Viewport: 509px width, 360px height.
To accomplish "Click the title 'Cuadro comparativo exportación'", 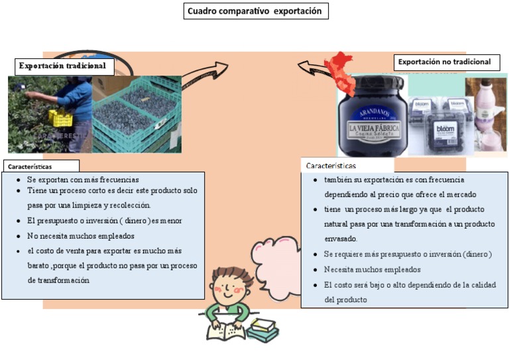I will [x=255, y=11].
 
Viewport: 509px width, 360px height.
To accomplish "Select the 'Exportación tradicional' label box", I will [x=62, y=66].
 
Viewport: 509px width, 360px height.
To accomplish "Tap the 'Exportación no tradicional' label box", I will [x=444, y=62].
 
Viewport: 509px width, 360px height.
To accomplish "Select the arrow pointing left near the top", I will [x=314, y=66].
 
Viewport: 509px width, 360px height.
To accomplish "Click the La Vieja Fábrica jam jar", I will [x=371, y=116].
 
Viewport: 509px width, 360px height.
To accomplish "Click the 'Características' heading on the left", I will [x=30, y=166].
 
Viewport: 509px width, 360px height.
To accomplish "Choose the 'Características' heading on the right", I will [x=331, y=165].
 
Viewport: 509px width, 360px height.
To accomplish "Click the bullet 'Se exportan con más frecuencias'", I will [x=83, y=180].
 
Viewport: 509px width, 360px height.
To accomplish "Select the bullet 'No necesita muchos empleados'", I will [x=81, y=235].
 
